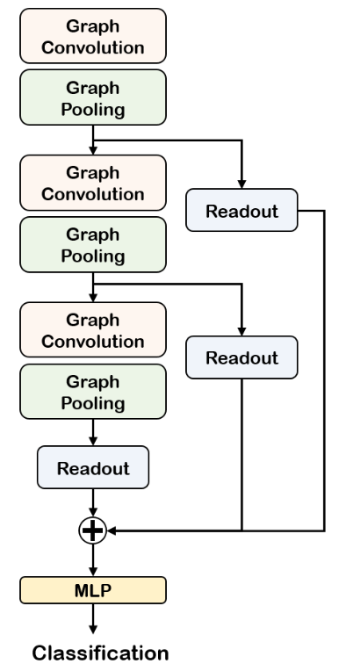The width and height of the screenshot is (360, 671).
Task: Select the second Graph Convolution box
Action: (x=92, y=181)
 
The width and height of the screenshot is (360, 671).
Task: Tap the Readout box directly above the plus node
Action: (x=92, y=467)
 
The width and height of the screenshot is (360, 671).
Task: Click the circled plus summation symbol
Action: (x=92, y=530)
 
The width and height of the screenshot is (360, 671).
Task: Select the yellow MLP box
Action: (x=92, y=590)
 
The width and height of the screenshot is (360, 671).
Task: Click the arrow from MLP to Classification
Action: (x=92, y=620)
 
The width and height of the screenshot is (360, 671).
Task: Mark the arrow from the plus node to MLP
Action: (x=92, y=560)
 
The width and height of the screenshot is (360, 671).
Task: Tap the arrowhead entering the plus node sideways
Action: (x=110, y=530)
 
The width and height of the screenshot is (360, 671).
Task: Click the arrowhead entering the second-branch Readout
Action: (x=241, y=331)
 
